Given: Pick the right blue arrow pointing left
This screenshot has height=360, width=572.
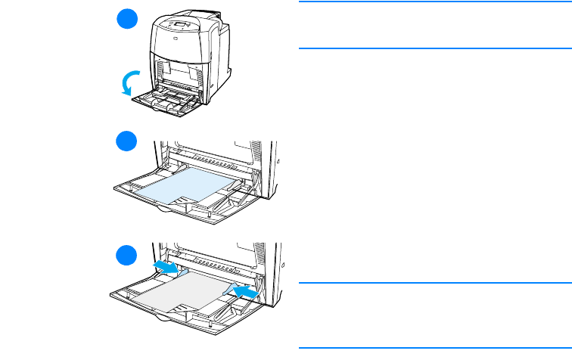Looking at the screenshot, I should click(244, 290).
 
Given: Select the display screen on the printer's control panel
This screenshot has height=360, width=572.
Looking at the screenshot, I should click(180, 25).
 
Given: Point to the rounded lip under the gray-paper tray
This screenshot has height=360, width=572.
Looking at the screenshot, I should click(163, 315).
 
